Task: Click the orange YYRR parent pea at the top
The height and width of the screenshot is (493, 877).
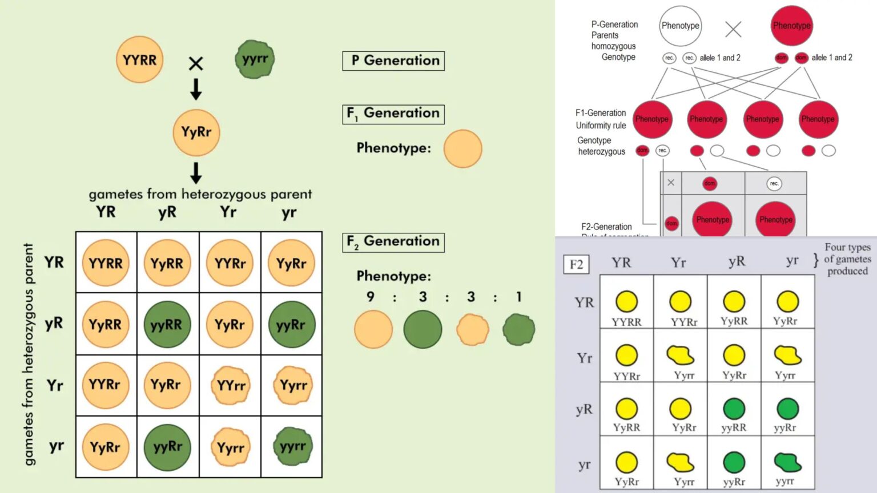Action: [x=139, y=60]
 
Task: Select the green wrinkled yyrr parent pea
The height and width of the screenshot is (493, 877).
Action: [x=255, y=59]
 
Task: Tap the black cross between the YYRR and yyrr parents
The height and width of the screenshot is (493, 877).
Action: [x=196, y=63]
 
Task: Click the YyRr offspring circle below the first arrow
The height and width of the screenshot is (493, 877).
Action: [x=196, y=132]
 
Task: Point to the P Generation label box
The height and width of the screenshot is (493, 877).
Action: [x=393, y=61]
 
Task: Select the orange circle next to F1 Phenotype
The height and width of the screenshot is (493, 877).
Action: [x=462, y=149]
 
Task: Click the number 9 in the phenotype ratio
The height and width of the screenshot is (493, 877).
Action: [x=371, y=297]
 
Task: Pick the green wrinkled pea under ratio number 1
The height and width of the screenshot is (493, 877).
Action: [x=518, y=330]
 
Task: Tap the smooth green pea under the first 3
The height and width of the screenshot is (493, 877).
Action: [x=423, y=330]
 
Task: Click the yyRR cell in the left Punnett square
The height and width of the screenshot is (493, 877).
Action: [x=167, y=325]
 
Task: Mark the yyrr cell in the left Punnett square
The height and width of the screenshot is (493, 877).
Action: [x=292, y=447]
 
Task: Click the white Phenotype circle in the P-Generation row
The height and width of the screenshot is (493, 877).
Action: [x=680, y=26]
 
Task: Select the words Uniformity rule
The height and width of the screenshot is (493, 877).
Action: [x=601, y=126]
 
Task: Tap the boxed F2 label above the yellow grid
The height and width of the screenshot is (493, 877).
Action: [x=576, y=264]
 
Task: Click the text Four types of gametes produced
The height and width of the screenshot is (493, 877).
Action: [x=847, y=259]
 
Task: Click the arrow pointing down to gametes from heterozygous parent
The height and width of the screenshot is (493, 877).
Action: [x=196, y=173]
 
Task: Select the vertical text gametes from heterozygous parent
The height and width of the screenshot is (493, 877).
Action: [x=29, y=354]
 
